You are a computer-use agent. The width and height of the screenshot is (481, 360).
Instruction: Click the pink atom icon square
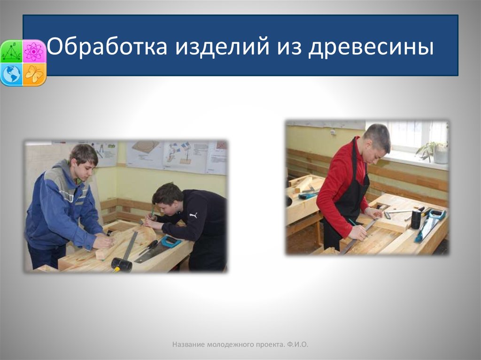[x=34, y=52]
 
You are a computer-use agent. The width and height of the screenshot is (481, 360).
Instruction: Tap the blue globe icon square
[x=12, y=74]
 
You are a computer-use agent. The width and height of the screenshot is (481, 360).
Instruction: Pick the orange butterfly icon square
[x=34, y=74]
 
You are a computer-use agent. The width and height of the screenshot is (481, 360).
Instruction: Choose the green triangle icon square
[x=12, y=52]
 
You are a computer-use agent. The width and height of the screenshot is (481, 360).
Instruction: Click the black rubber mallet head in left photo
[x=121, y=265]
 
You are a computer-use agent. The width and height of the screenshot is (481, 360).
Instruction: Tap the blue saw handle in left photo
[x=170, y=241]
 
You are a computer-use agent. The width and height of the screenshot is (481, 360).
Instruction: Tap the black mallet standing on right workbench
[x=416, y=219]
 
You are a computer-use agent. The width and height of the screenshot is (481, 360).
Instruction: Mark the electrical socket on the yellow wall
[x=333, y=132]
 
